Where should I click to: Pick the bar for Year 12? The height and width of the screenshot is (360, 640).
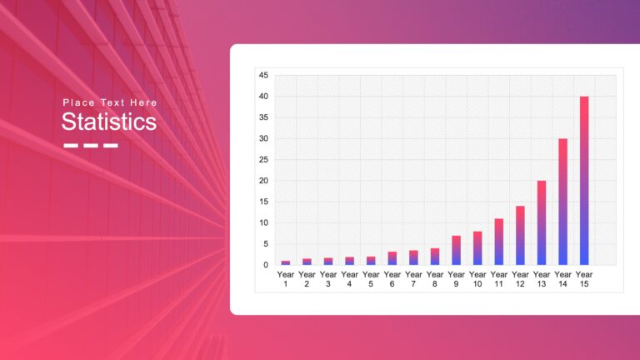tap(520, 235)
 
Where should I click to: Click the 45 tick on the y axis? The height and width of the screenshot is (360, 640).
tap(263, 76)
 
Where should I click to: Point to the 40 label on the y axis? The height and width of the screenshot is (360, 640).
tap(263, 97)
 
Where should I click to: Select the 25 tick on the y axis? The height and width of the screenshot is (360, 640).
tap(263, 160)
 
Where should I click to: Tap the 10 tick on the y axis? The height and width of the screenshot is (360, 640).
tap(263, 223)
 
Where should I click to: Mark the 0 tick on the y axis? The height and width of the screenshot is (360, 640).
tap(266, 265)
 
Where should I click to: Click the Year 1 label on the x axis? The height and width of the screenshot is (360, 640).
tap(286, 278)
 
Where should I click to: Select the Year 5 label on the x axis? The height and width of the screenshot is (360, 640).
tap(371, 278)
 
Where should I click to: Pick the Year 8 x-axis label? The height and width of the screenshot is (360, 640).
tap(435, 278)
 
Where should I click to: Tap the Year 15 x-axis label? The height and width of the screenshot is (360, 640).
tap(584, 278)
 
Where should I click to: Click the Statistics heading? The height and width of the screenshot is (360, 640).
tap(108, 122)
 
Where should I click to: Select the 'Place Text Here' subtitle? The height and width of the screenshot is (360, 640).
tap(109, 102)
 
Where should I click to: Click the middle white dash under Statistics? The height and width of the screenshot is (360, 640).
tap(91, 146)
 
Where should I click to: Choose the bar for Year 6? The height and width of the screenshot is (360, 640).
tap(392, 258)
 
